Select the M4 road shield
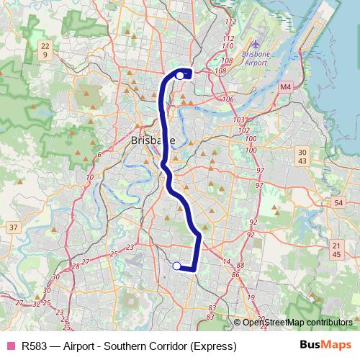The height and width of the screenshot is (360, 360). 286,86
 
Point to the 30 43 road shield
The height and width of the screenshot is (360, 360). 302,156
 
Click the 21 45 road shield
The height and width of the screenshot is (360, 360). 337,250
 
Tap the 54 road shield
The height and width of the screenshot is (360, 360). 338,204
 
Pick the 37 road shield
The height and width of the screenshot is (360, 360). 13,228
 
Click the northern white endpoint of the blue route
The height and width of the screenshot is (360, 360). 179,74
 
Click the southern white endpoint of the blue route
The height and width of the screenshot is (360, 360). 177,266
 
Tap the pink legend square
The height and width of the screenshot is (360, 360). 10,346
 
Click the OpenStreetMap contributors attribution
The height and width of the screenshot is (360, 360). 297,322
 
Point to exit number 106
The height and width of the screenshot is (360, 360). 230,99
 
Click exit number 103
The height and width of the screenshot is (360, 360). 240,120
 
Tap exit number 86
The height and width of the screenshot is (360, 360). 235,275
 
